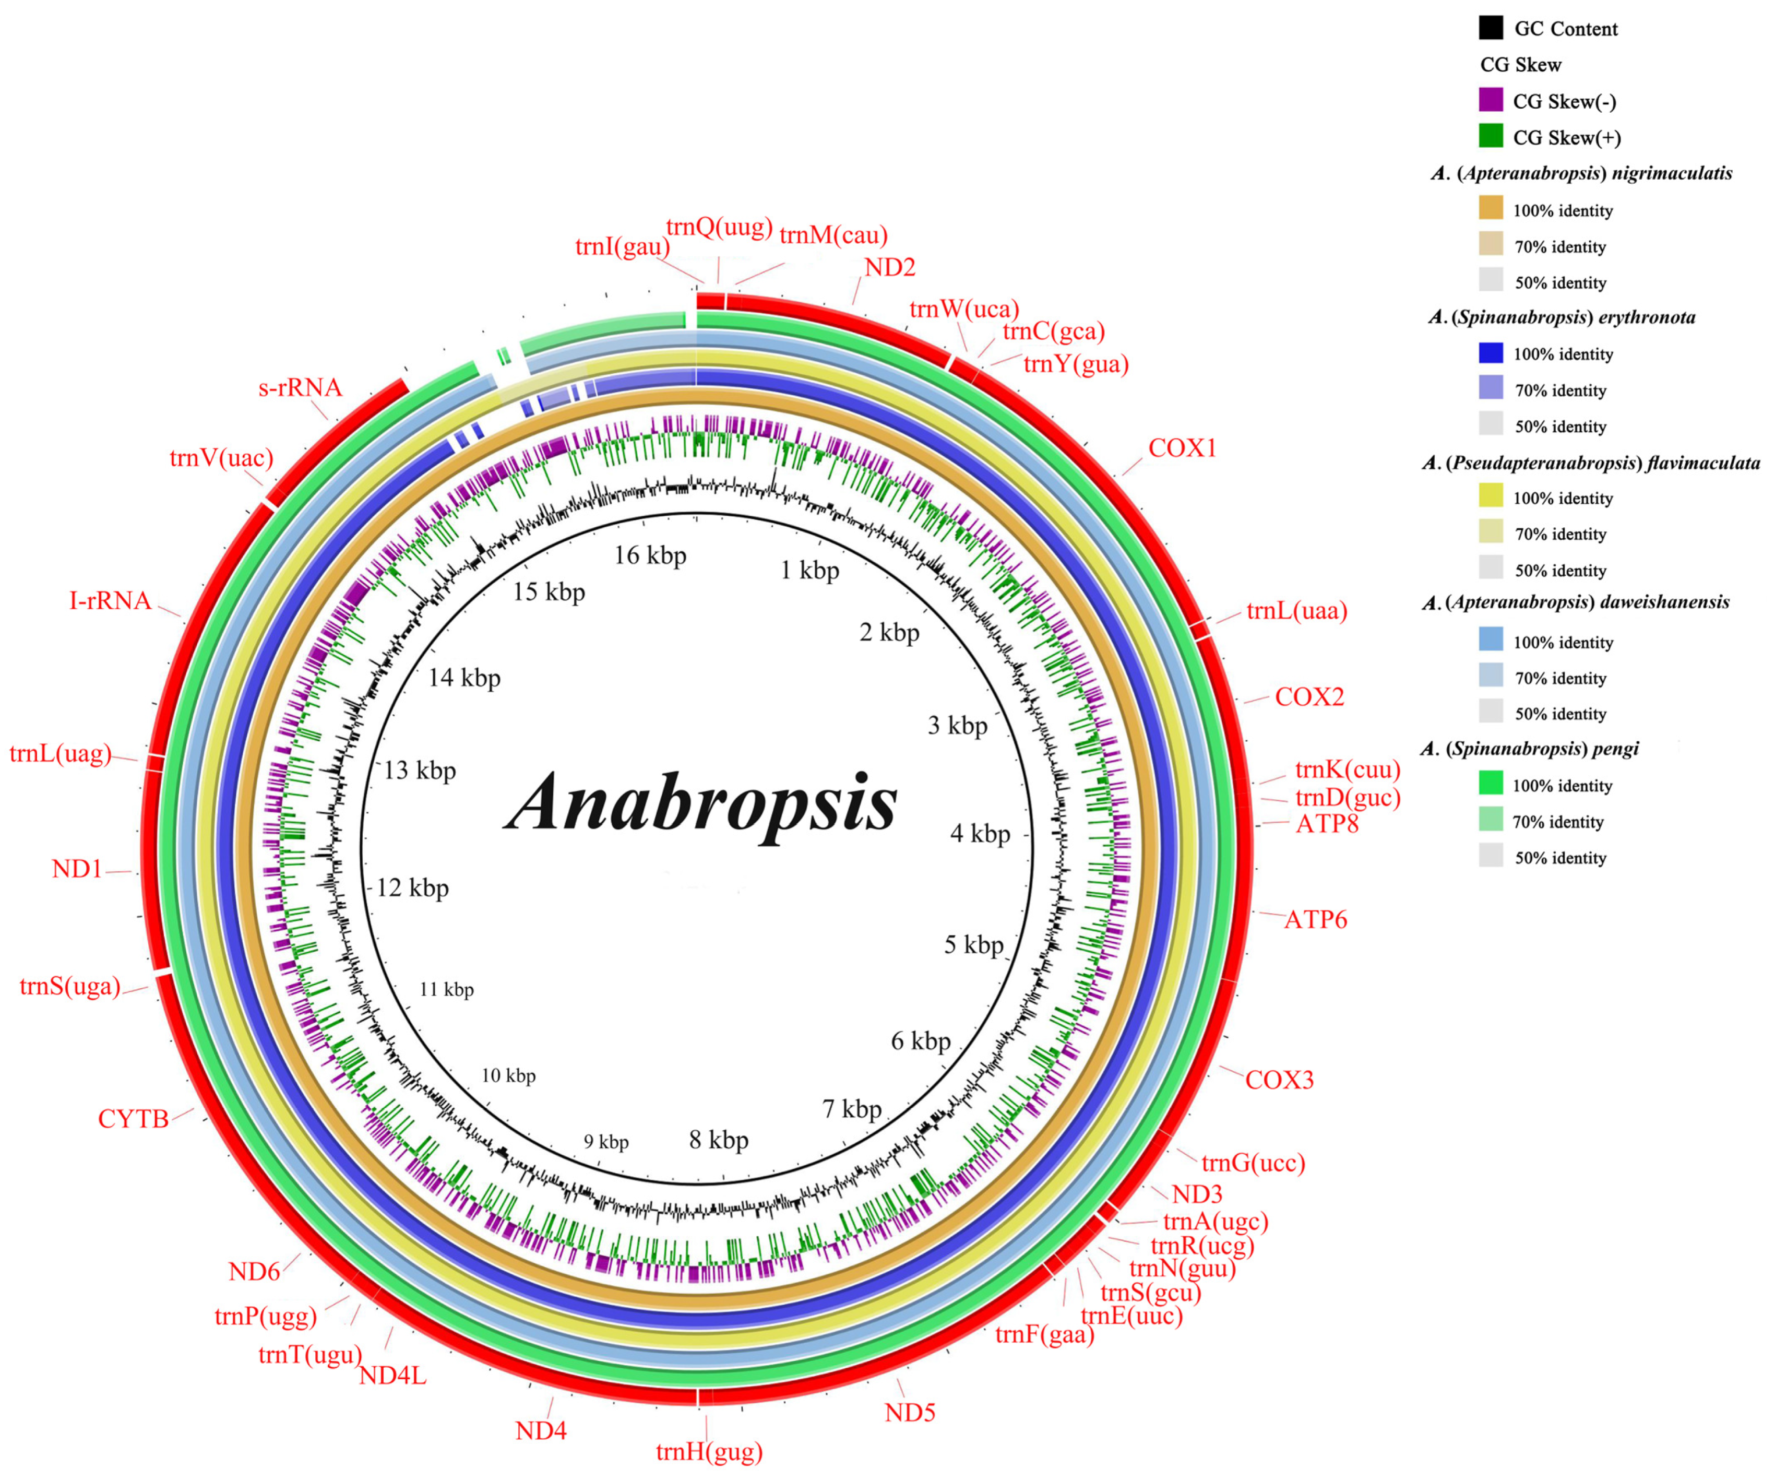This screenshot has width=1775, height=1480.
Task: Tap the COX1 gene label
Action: click(1182, 448)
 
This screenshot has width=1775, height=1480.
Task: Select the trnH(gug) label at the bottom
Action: click(708, 1451)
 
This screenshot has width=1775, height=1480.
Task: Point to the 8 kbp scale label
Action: click(719, 1140)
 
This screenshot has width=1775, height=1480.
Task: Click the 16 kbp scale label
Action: click(649, 555)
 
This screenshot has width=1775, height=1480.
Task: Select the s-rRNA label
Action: click(300, 387)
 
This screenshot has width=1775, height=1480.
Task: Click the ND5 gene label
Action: click(910, 1412)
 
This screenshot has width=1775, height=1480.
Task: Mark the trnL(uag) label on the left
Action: click(60, 753)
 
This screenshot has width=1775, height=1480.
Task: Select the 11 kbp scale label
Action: click(446, 989)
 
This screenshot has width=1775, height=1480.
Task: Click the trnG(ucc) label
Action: click(1253, 1163)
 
